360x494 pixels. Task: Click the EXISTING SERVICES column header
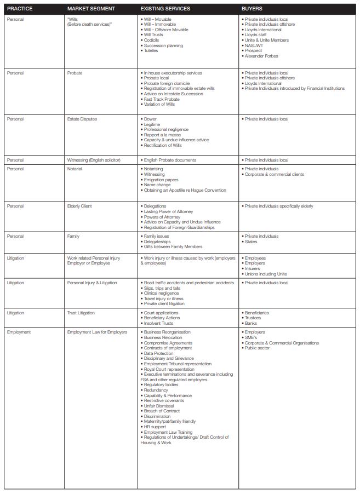[165, 9]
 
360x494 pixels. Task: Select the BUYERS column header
[252, 9]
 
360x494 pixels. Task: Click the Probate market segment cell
[75, 73]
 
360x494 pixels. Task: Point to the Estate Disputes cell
[82, 119]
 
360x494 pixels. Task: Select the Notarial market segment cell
[75, 169]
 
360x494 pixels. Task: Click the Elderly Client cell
[79, 206]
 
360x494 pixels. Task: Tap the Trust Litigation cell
[81, 313]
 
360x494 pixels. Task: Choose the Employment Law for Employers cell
[97, 332]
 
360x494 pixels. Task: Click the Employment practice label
[19, 332]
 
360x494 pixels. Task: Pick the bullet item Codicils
[152, 40]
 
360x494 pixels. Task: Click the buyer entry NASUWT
[254, 45]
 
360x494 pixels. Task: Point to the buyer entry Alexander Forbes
[261, 56]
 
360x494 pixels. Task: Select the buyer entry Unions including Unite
[266, 274]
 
